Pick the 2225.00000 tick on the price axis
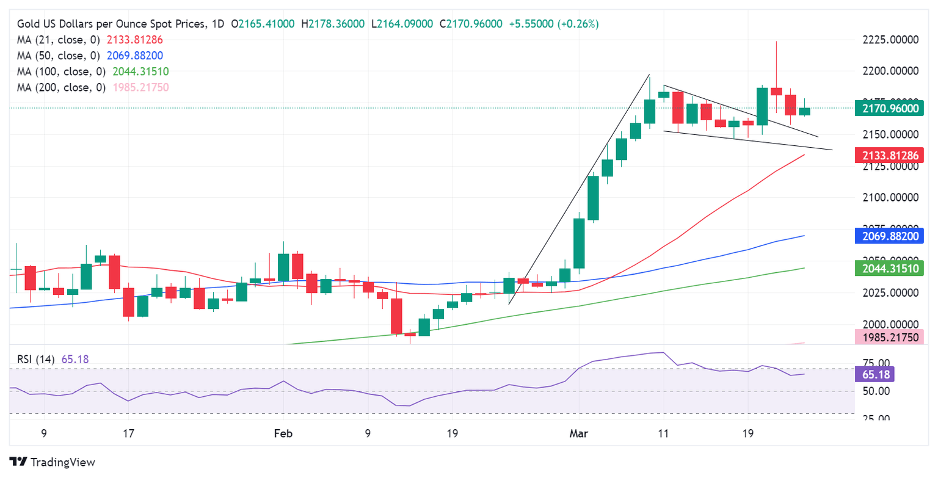[890, 40]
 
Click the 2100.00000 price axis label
[890, 197]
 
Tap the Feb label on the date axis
[283, 434]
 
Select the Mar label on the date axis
[579, 434]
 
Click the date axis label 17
[128, 434]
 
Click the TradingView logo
[53, 462]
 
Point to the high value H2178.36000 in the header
[337, 24]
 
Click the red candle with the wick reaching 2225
[776, 91]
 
